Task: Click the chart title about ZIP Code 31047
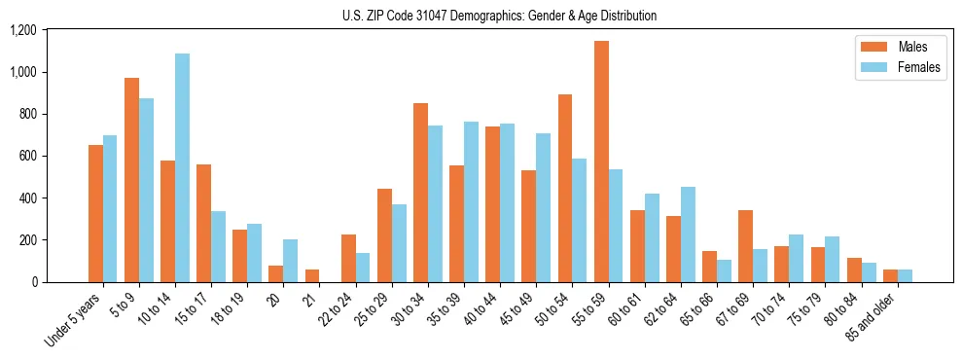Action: pos(499,16)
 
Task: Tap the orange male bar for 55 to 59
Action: pos(601,162)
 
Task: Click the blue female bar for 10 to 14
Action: pos(182,167)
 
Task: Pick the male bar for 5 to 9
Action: pos(131,180)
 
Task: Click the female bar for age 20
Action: pos(290,261)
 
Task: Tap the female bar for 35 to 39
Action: pos(471,201)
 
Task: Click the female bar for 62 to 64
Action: pos(688,234)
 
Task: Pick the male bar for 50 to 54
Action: pos(565,188)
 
